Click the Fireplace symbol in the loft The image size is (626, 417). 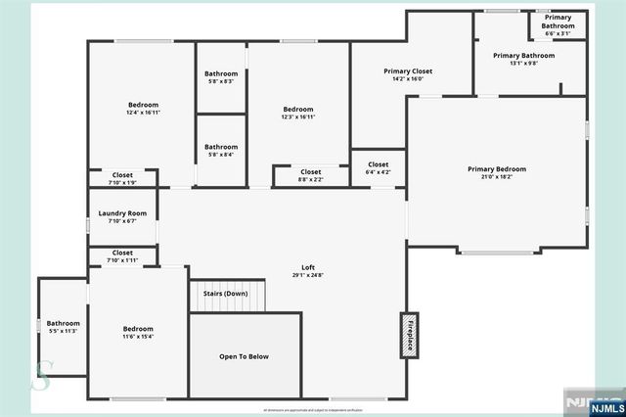[410, 337]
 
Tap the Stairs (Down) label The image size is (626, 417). [225, 294]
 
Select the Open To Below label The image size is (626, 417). [244, 356]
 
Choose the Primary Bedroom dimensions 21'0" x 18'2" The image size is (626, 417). [497, 176]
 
